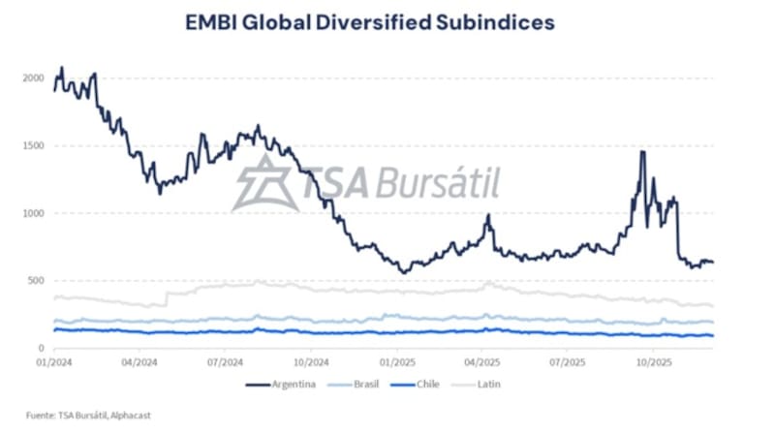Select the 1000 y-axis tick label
(35, 213)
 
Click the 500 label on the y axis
(37, 281)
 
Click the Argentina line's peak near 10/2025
(641, 152)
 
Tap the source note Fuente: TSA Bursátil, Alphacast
(88, 416)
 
